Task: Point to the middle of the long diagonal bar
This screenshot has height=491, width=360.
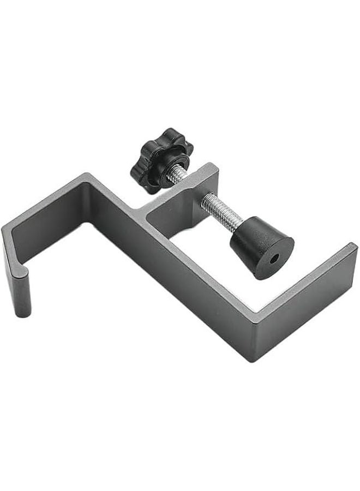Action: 175,273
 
